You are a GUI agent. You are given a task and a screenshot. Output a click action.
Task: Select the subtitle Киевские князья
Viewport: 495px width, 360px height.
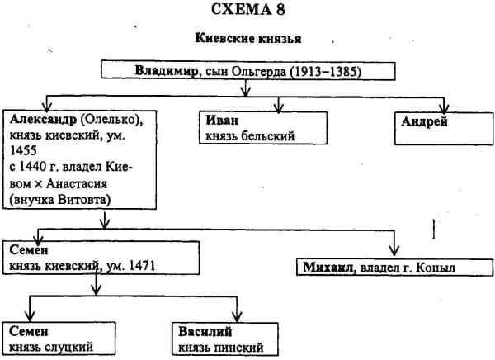click(x=247, y=39)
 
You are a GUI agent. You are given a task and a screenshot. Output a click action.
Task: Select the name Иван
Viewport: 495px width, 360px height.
click(x=219, y=121)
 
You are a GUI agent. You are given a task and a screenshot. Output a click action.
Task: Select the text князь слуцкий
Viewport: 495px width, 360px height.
click(x=49, y=345)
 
